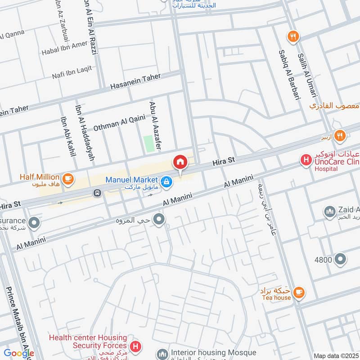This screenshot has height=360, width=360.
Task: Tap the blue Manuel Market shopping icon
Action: tap(166, 181)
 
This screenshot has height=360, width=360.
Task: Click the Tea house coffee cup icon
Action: tap(298, 293)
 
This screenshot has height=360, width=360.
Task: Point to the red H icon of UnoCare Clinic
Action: tap(306, 159)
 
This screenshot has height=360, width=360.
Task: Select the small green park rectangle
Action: tap(148, 143)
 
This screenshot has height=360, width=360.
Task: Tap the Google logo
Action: tap(18, 353)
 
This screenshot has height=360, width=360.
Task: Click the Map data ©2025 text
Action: tap(335, 355)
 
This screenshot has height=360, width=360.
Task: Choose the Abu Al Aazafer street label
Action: tap(155, 125)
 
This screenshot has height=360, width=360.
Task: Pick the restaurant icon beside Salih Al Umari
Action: tap(293, 37)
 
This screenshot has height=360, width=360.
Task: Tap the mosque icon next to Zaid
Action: tap(329, 211)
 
